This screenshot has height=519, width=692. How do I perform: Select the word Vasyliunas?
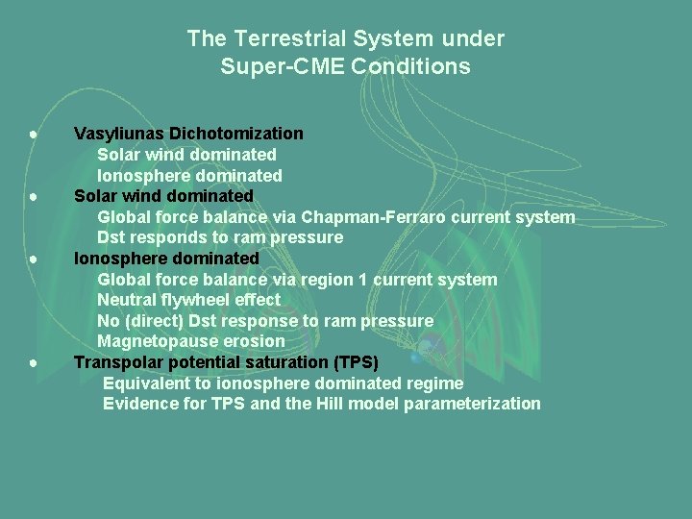[x=116, y=134]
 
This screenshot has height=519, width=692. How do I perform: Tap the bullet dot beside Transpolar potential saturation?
[x=33, y=363]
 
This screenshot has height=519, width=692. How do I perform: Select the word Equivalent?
[x=145, y=383]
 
